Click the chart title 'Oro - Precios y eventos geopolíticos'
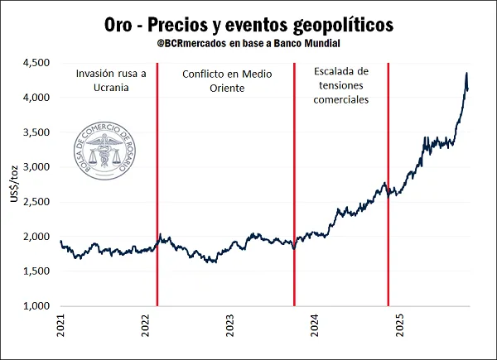point(249,24)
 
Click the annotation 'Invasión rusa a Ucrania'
point(110,79)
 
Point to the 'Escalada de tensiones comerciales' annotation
point(341,86)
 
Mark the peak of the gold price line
point(466,74)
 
